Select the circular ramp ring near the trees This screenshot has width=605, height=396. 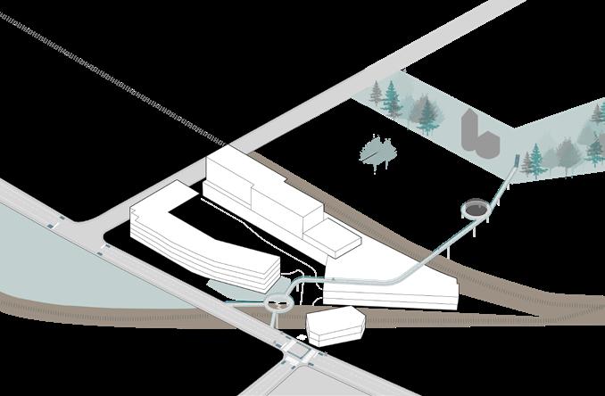click(x=477, y=210)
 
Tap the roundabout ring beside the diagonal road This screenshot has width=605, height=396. click(x=281, y=302)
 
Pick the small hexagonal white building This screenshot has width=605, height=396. click(x=336, y=326)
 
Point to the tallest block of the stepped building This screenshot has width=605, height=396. click(x=229, y=178)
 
